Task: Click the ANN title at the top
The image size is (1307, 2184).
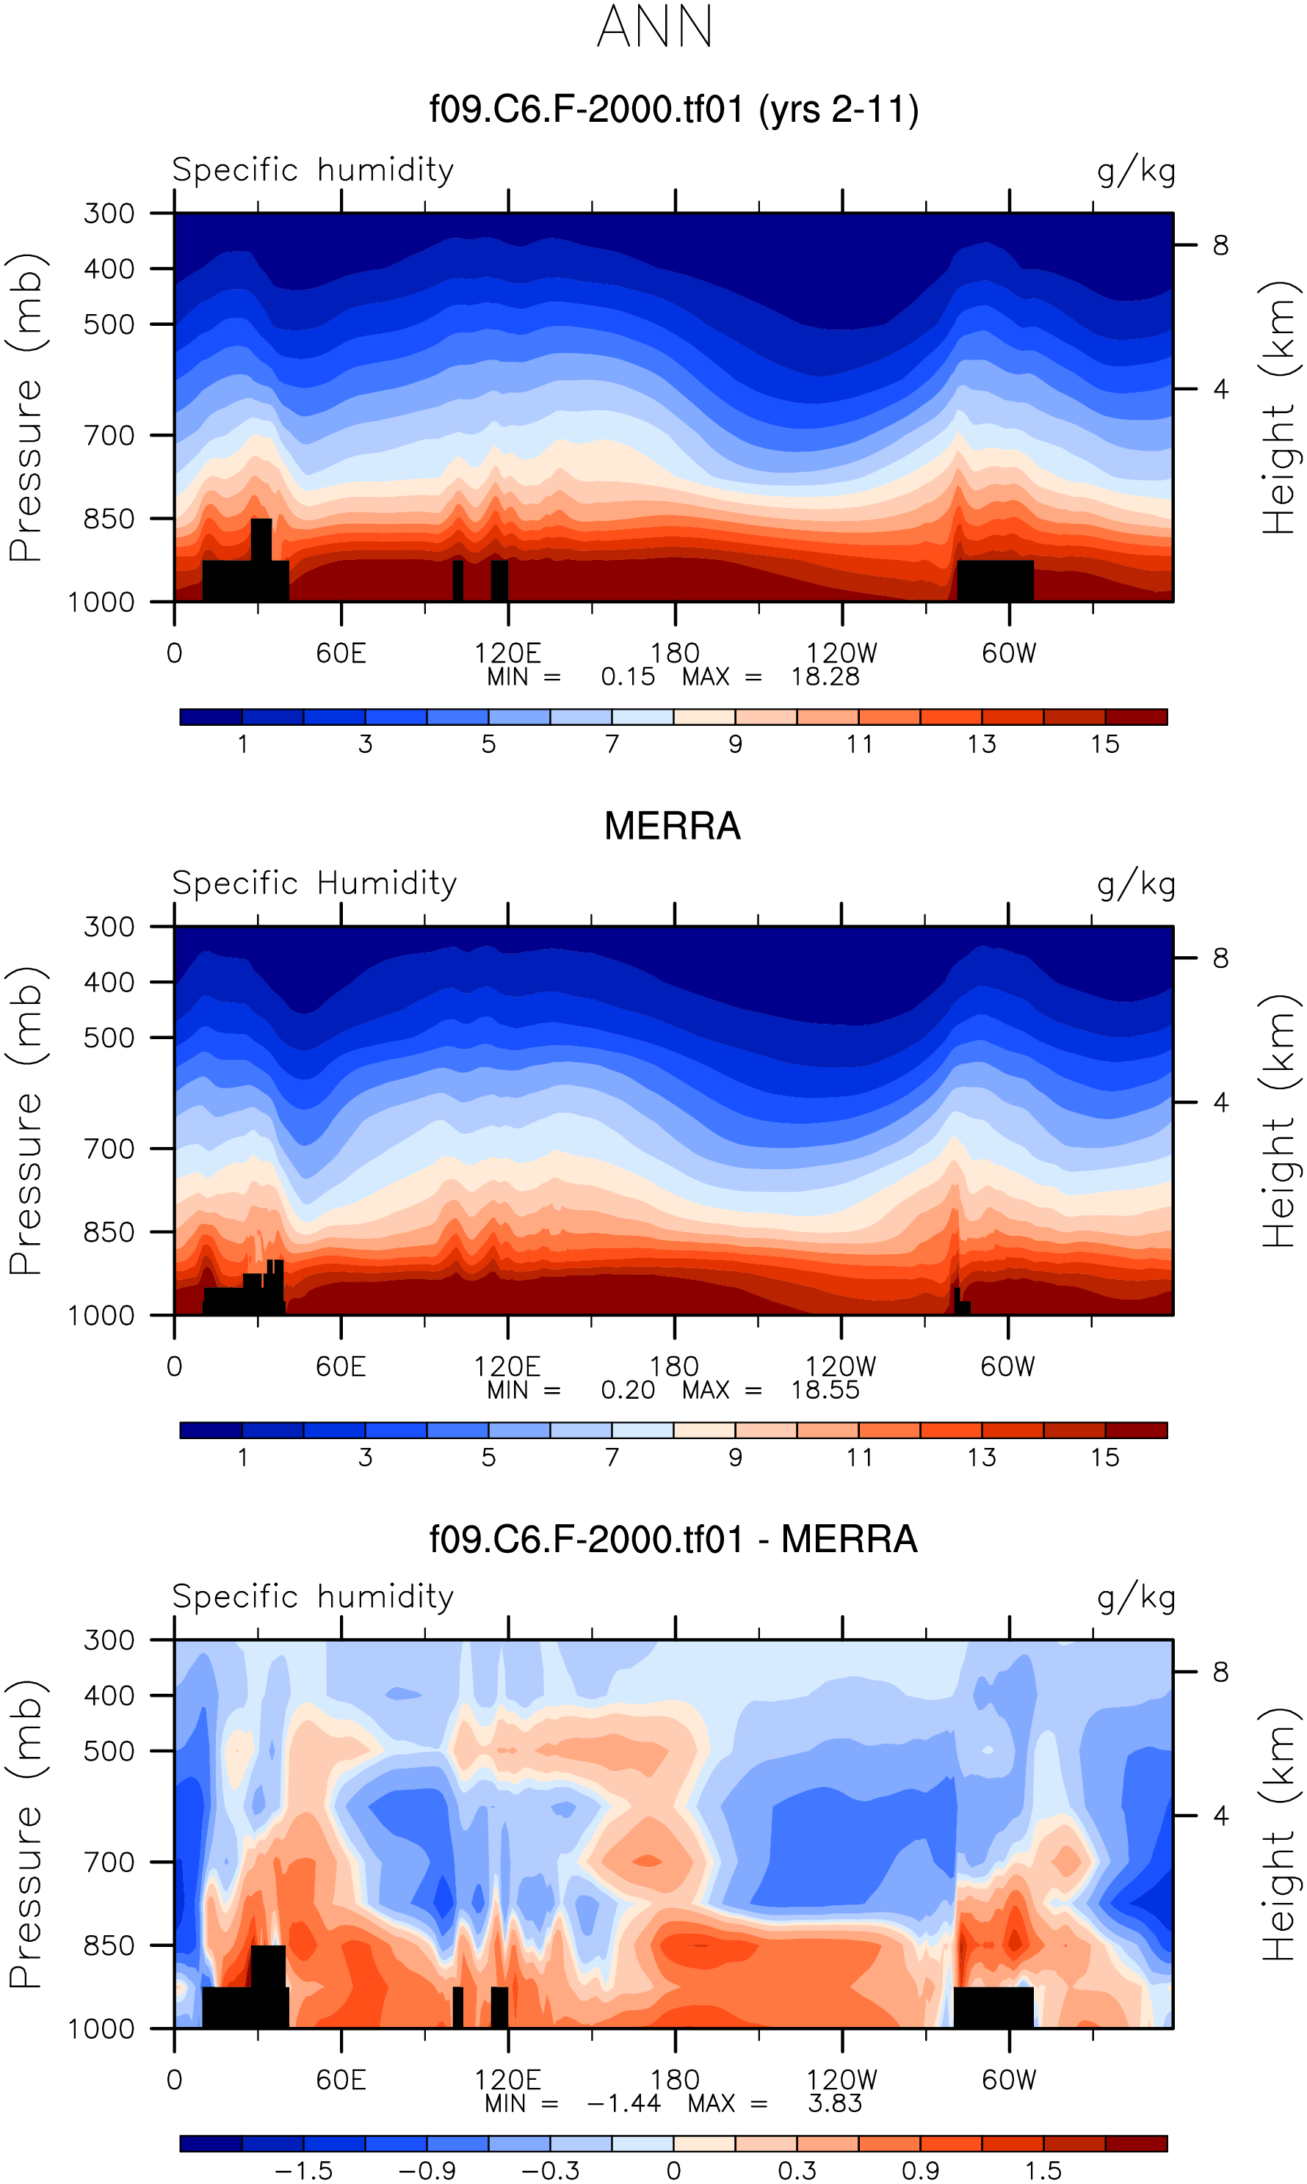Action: [x=654, y=26]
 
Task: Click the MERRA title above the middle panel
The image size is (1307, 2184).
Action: [x=672, y=826]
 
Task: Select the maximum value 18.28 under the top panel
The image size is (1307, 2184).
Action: [x=825, y=676]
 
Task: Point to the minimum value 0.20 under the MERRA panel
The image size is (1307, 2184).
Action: [x=627, y=1389]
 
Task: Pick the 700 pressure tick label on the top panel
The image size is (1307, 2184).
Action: [x=109, y=435]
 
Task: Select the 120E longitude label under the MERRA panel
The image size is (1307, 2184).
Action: [x=507, y=1366]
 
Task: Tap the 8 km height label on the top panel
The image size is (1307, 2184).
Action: [x=1220, y=244]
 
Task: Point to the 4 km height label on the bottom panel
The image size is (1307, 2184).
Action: [x=1220, y=1815]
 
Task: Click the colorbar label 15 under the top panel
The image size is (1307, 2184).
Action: [x=1104, y=744]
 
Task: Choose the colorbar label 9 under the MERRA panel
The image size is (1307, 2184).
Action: [x=734, y=1457]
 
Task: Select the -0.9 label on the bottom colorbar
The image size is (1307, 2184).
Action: [x=427, y=2170]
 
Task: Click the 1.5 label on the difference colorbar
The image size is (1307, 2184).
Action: [x=1043, y=2170]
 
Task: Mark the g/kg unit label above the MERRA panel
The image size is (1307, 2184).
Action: [x=1135, y=883]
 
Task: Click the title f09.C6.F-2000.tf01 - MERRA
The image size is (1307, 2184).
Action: [x=673, y=1540]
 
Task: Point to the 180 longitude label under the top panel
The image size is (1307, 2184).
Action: [x=675, y=653]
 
